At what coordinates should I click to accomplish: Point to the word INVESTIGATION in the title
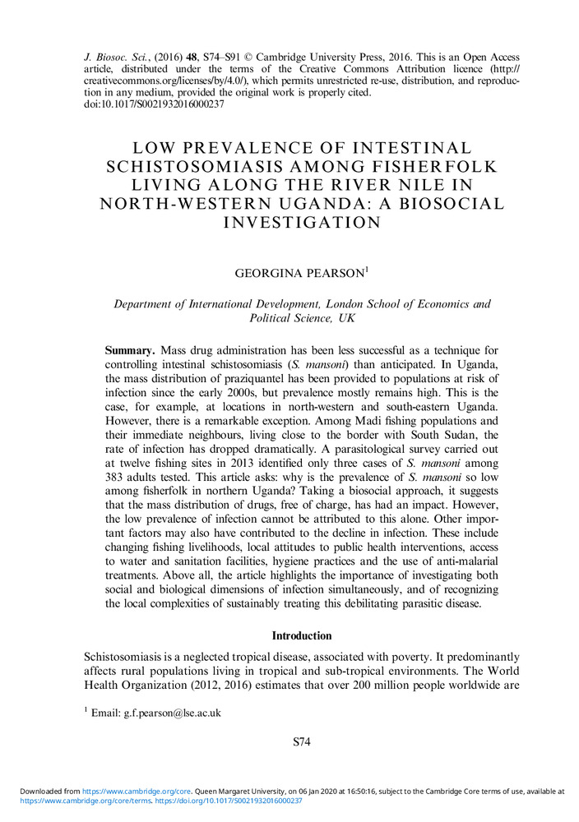[289, 222]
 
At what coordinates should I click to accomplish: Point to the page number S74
[301, 743]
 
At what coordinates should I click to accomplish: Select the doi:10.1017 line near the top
[155, 105]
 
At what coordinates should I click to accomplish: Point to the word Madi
[273, 421]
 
